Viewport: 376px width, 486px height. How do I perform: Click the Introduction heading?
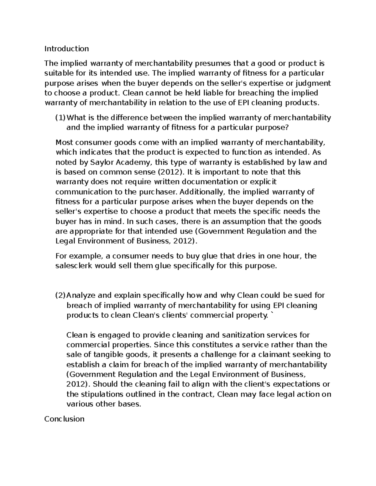[66, 49]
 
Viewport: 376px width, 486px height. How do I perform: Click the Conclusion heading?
[64, 419]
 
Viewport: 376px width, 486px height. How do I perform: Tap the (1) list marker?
[60, 118]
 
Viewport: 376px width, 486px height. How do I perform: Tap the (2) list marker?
[60, 295]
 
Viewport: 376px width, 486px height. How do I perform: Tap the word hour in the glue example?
[293, 256]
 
